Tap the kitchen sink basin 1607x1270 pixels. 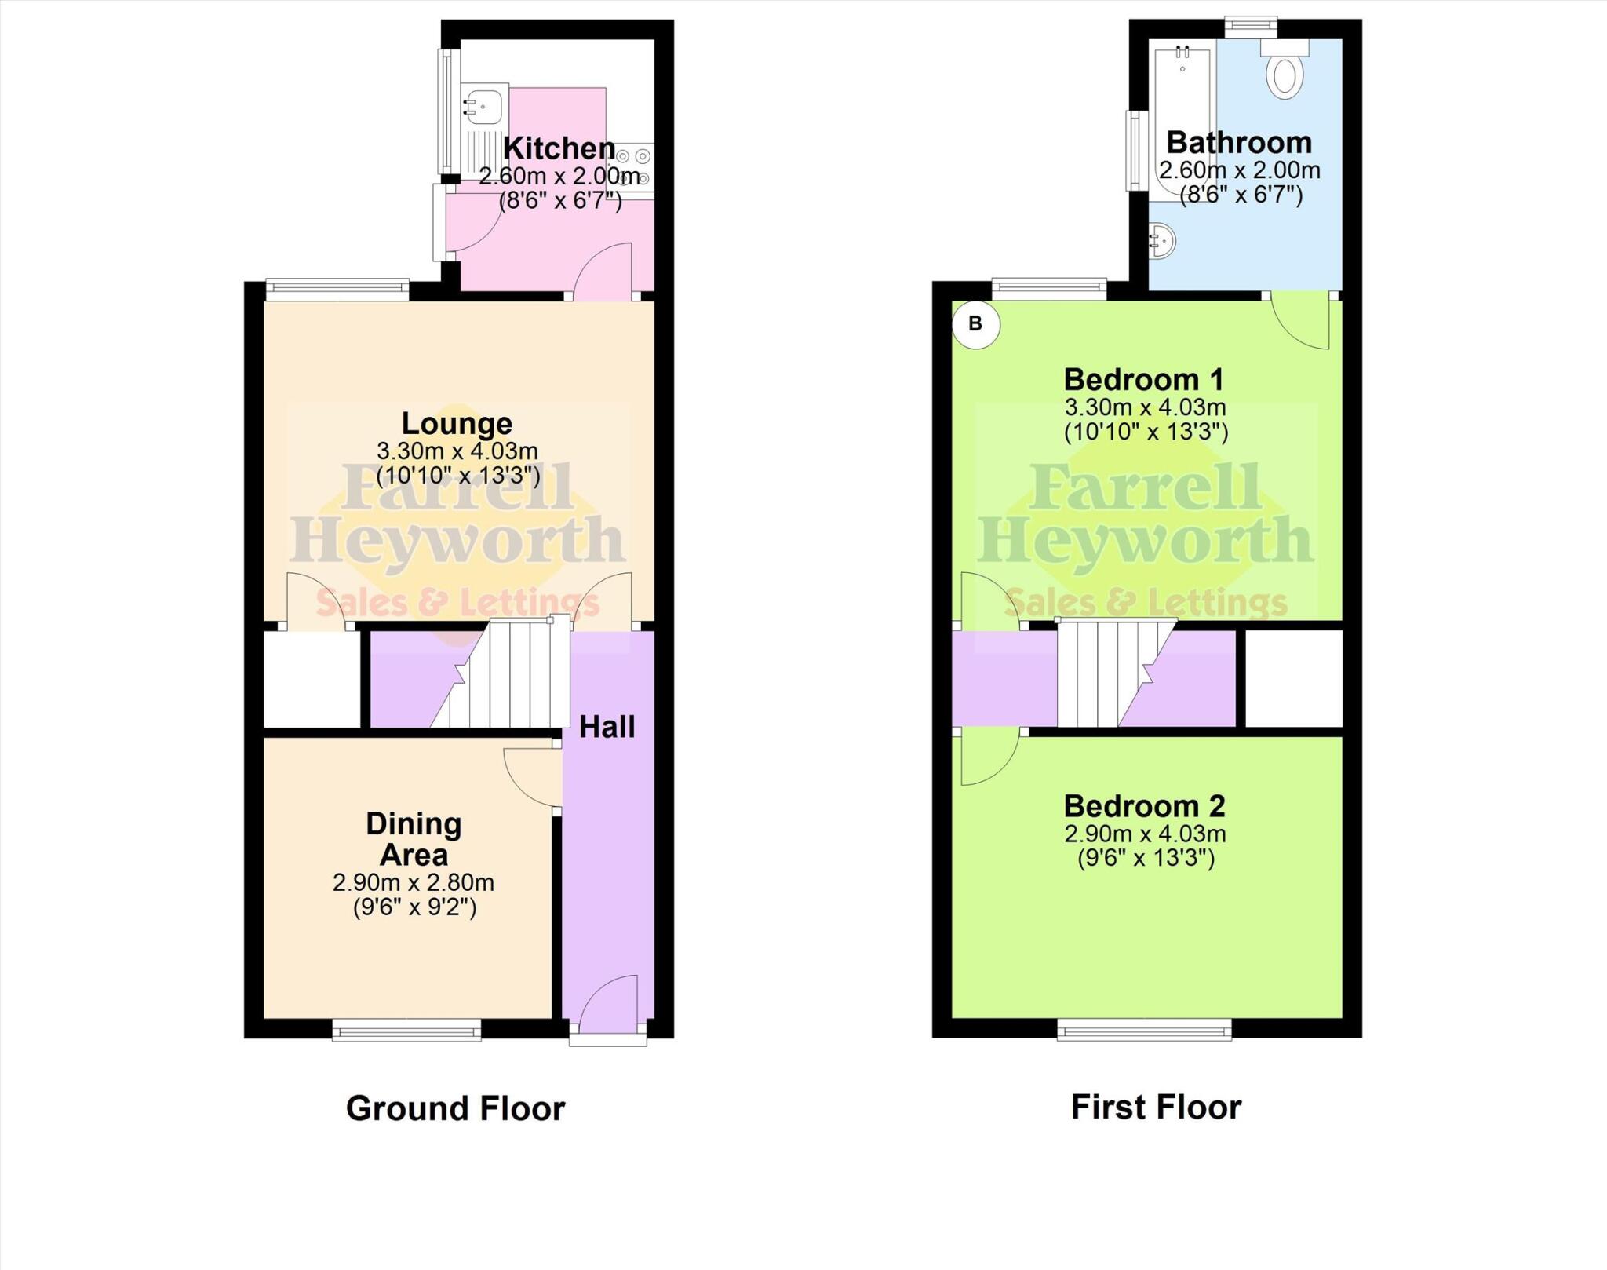[483, 106]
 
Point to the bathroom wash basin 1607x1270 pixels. [1162, 239]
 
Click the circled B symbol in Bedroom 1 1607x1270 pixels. [975, 323]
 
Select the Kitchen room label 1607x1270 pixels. [559, 148]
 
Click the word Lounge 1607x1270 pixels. [457, 423]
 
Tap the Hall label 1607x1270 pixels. [607, 727]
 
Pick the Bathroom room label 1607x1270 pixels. [1239, 142]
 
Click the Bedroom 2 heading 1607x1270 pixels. [1144, 805]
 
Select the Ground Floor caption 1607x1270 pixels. [455, 1108]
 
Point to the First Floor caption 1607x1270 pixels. [1156, 1107]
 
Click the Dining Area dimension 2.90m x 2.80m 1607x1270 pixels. [414, 882]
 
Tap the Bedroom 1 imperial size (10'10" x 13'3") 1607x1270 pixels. [1146, 432]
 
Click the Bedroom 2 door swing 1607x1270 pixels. [987, 757]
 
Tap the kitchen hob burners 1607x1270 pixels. [635, 166]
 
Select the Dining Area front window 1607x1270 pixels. [406, 1029]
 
